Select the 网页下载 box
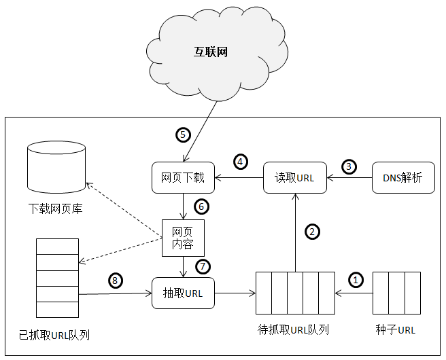[x=183, y=179]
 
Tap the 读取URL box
[x=294, y=179]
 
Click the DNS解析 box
[x=403, y=179]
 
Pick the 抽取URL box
[x=183, y=294]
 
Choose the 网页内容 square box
[x=183, y=237]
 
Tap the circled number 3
[x=349, y=166]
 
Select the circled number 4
[x=241, y=162]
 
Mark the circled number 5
[x=182, y=134]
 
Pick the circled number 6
[x=201, y=205]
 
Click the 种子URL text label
[x=395, y=330]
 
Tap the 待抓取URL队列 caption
[x=294, y=330]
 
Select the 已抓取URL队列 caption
[x=55, y=335]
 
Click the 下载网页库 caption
[x=55, y=209]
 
